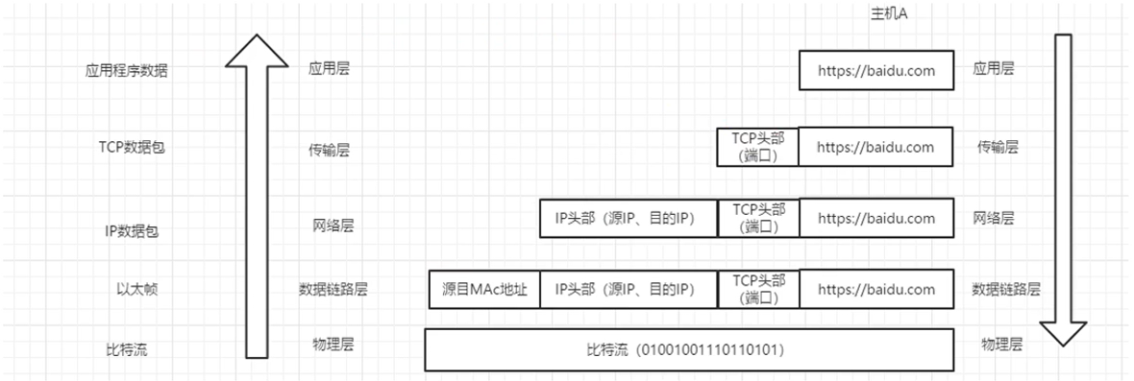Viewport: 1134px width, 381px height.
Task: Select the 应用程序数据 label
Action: click(127, 70)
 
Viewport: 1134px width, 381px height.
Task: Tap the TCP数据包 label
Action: click(132, 148)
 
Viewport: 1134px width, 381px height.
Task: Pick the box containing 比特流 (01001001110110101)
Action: click(689, 350)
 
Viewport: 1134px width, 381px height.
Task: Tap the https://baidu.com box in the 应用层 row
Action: click(876, 70)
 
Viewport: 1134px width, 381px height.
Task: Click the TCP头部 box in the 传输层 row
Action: click(757, 147)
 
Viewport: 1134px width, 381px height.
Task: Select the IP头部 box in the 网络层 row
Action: click(629, 218)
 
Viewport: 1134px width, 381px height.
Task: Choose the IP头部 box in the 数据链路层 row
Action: click(629, 289)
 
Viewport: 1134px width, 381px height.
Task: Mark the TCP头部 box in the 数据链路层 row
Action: click(758, 289)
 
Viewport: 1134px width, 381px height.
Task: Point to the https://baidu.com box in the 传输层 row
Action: click(876, 147)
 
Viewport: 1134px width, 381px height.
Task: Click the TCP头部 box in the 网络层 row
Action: click(758, 218)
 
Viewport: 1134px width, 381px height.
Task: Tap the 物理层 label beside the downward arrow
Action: click(1000, 344)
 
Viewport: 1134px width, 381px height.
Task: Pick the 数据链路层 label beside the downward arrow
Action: click(1006, 289)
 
